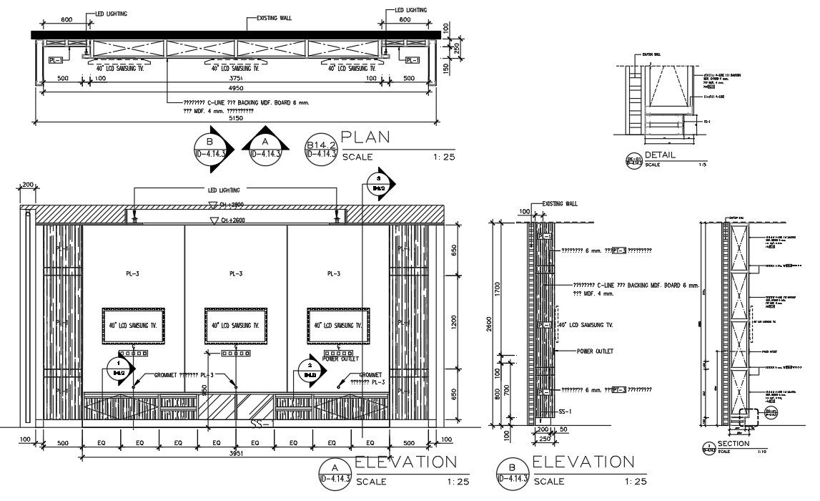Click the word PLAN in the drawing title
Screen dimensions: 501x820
(x=365, y=137)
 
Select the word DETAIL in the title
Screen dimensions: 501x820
(x=660, y=155)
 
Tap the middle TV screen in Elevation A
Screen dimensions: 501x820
(x=236, y=326)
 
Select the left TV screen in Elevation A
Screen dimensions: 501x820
(x=133, y=326)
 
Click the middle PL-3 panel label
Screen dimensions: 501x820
(x=236, y=273)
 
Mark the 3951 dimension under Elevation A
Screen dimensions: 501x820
(x=236, y=453)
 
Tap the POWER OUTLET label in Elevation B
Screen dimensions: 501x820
(x=594, y=351)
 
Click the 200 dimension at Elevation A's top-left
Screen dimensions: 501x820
(x=28, y=185)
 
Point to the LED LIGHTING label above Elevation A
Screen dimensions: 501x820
(x=224, y=190)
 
